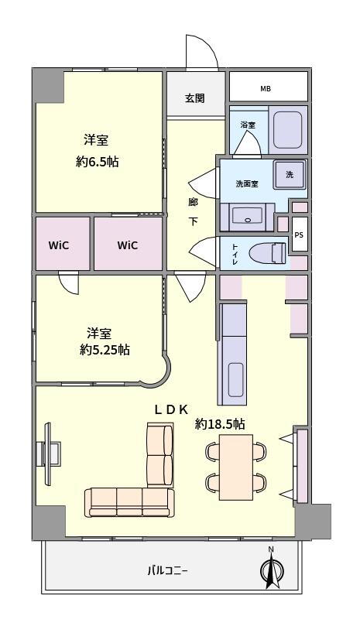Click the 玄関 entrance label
click(x=194, y=98)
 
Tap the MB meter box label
click(x=266, y=89)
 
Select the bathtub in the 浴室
click(x=288, y=129)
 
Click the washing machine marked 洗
click(x=290, y=175)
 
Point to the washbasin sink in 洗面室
click(x=247, y=217)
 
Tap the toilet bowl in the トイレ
click(x=268, y=253)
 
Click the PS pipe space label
click(x=299, y=234)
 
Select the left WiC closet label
click(x=59, y=245)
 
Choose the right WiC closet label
click(x=128, y=245)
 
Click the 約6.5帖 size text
click(x=98, y=161)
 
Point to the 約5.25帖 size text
click(x=105, y=350)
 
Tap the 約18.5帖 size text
click(x=220, y=424)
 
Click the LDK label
click(x=171, y=409)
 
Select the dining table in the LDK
click(x=236, y=467)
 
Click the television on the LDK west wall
click(x=48, y=454)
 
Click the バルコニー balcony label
click(x=167, y=571)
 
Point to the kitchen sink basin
click(x=235, y=380)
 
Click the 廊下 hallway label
click(x=193, y=211)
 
